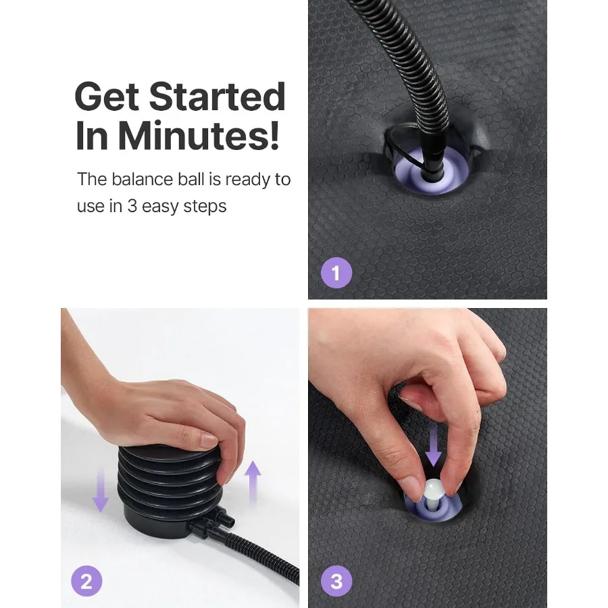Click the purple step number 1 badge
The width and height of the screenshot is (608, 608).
coord(336,273)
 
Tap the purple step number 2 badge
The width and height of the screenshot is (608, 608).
coord(86,581)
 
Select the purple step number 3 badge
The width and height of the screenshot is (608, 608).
coord(336,581)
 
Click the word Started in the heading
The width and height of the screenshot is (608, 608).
coord(217,96)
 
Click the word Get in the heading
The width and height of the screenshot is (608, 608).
coord(107,96)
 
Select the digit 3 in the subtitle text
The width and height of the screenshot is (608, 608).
coord(132,206)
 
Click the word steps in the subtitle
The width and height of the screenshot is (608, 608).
coord(205,207)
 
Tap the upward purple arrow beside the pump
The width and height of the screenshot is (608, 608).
coord(253,482)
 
